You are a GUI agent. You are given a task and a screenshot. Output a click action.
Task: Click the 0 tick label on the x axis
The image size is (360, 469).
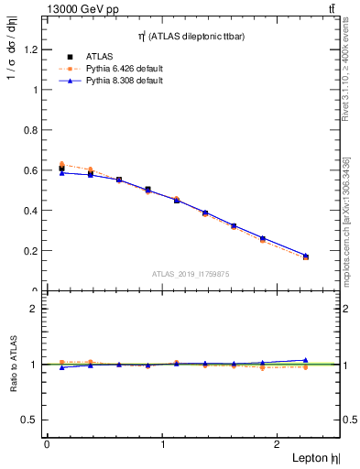click(x=47, y=443)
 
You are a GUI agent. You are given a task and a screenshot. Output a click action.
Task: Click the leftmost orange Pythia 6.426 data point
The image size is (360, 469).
click(x=61, y=164)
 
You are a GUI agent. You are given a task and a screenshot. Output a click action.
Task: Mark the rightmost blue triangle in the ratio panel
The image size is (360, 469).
click(x=306, y=360)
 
